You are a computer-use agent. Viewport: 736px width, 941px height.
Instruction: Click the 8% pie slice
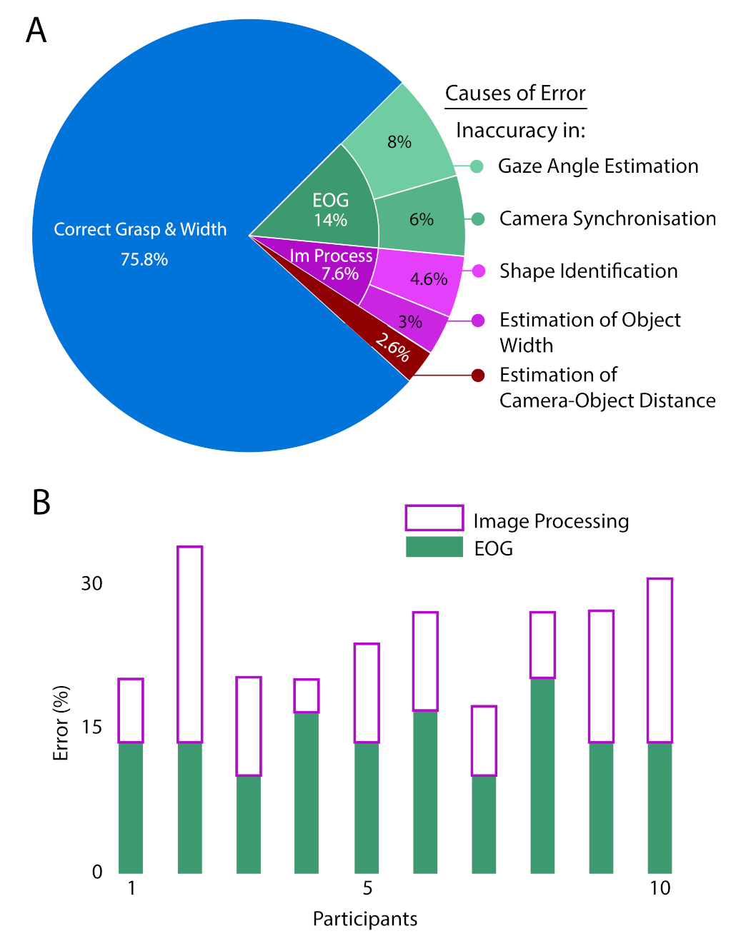click(x=400, y=142)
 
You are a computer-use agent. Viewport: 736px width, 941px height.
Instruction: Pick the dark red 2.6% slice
click(x=393, y=348)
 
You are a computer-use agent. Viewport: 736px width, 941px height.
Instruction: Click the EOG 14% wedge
click(x=330, y=210)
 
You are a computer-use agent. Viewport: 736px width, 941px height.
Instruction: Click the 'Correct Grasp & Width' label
click(x=140, y=229)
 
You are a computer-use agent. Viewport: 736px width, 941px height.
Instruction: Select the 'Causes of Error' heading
click(x=515, y=94)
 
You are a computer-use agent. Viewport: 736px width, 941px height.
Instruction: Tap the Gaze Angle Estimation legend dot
click(x=478, y=166)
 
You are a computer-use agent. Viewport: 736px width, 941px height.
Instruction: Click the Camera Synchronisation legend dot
click(x=478, y=218)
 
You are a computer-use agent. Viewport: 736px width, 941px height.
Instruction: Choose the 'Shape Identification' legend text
click(x=588, y=271)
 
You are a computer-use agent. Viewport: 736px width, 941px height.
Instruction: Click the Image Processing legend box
click(x=434, y=518)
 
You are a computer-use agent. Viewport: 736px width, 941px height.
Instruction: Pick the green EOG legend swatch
click(x=434, y=548)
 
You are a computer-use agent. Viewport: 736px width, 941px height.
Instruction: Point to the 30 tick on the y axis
click(x=91, y=583)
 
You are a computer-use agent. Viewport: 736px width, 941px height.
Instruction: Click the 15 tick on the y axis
click(x=91, y=727)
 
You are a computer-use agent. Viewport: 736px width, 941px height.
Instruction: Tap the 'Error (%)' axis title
click(x=61, y=723)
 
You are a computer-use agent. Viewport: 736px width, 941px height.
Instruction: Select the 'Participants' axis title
click(x=365, y=919)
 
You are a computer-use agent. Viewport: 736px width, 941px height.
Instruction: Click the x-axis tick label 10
click(x=660, y=888)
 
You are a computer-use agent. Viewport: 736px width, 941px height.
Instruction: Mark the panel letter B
click(x=41, y=502)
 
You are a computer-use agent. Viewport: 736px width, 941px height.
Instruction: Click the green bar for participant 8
click(x=542, y=775)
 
